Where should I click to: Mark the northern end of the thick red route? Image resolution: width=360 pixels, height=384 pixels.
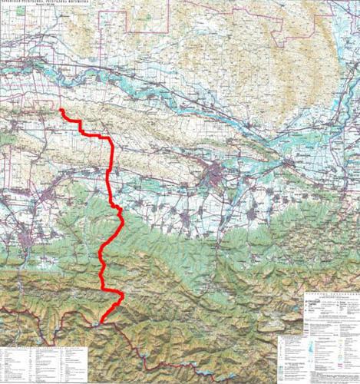pos(61,111)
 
